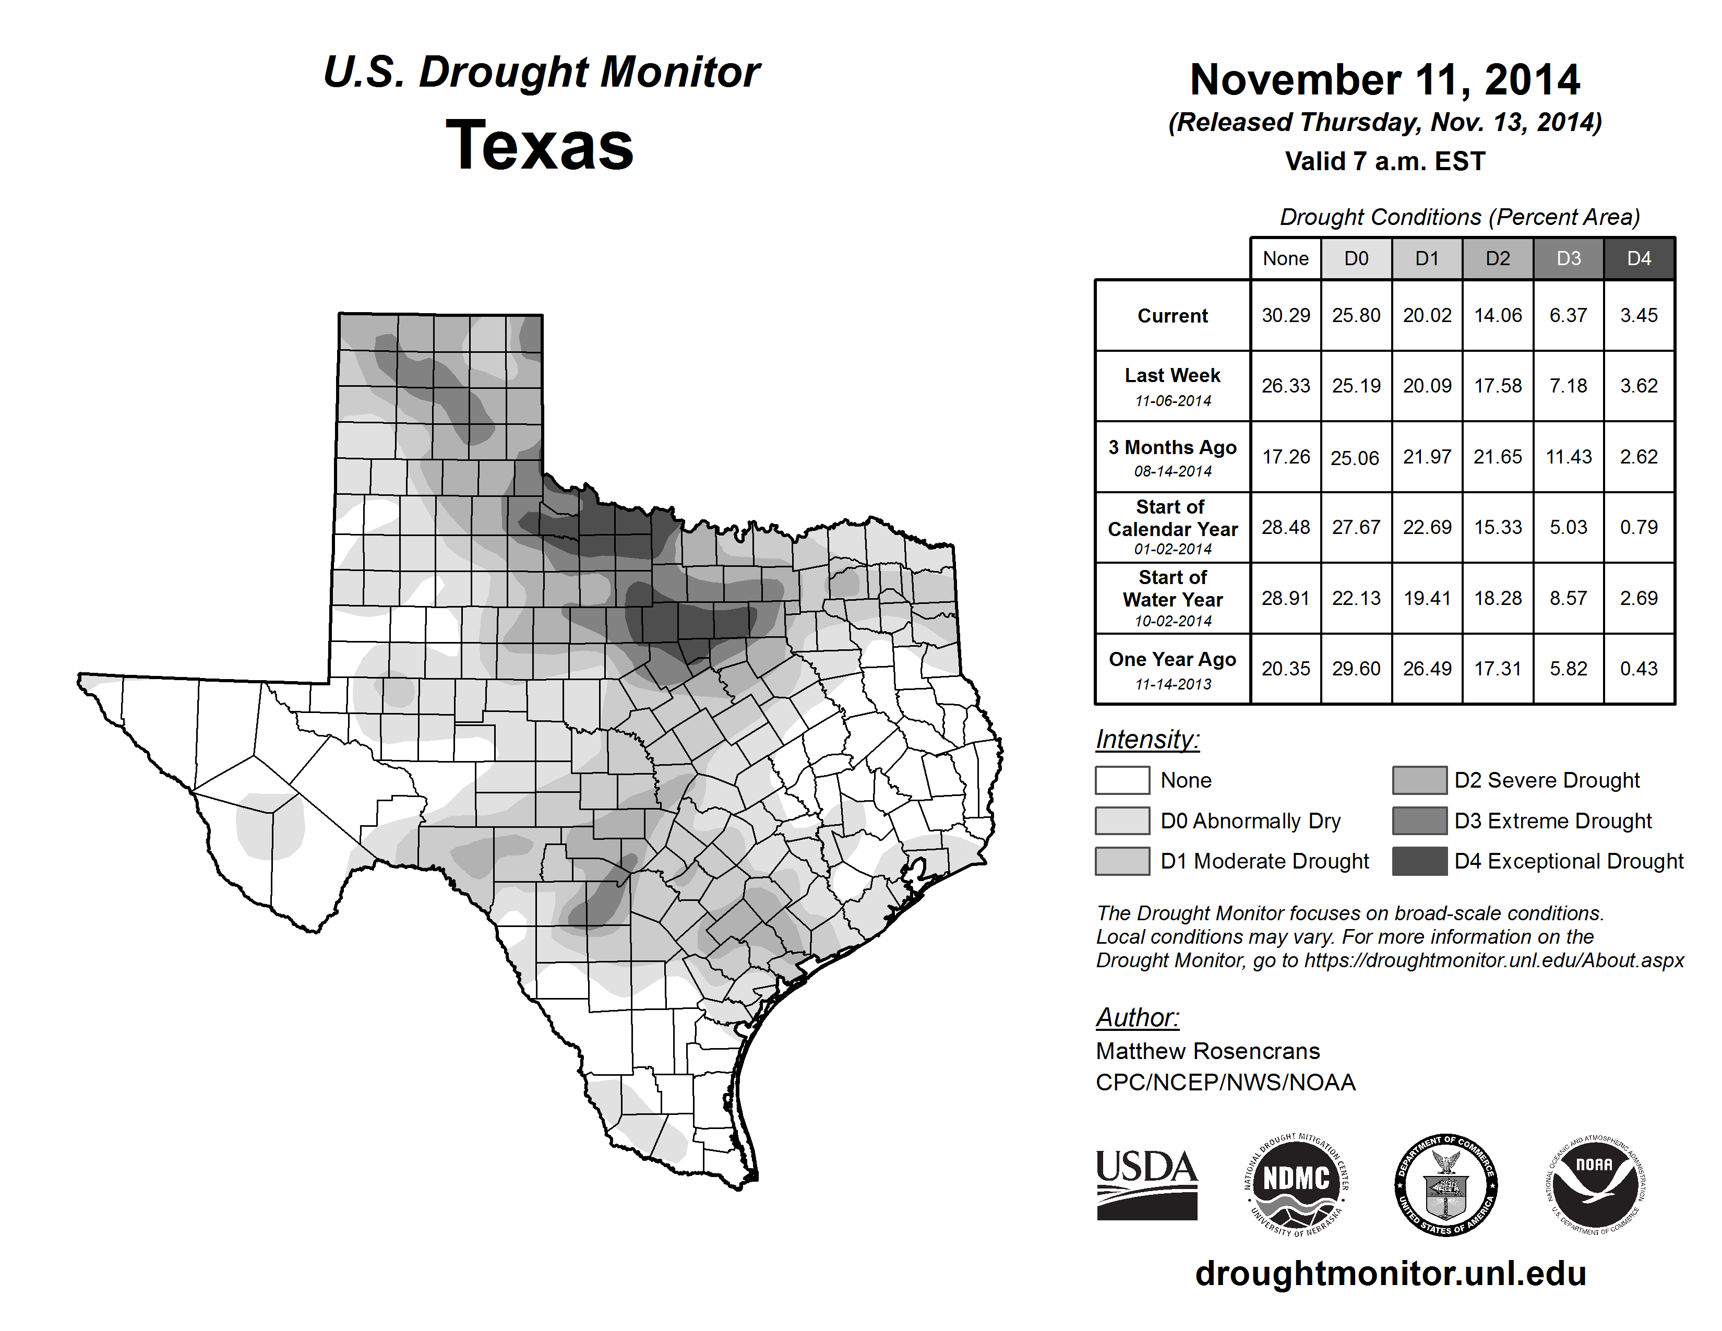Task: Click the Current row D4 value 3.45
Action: click(1639, 315)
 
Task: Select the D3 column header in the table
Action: click(1568, 258)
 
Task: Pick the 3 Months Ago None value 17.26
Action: click(1285, 457)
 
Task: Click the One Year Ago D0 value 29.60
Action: click(1356, 669)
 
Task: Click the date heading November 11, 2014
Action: click(1384, 80)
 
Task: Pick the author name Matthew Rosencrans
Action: click(1207, 1051)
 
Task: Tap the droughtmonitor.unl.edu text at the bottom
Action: click(1390, 1274)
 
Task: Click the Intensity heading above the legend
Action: click(1147, 740)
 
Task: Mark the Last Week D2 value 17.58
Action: click(1497, 386)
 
